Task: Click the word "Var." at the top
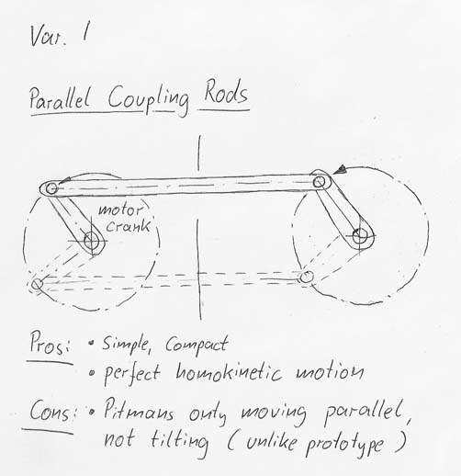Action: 48,36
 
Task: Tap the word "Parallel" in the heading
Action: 60,98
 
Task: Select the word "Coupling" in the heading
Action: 148,98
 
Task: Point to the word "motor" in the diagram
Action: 120,210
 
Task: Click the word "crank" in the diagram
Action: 128,226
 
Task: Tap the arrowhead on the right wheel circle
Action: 340,169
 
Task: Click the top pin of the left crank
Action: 51,188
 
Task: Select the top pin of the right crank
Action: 319,182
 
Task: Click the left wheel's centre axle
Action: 91,241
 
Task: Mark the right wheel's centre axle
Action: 360,236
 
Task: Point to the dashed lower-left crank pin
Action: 38,284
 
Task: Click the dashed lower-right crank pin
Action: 306,278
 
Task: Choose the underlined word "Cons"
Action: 50,411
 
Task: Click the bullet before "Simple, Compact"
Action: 91,343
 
